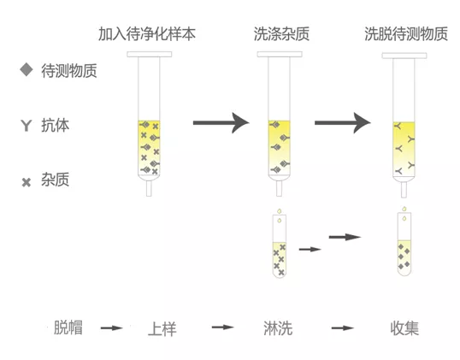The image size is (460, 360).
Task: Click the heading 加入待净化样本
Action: tap(148, 35)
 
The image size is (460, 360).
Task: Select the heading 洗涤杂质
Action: tap(281, 35)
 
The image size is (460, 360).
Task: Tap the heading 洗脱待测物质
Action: tap(405, 35)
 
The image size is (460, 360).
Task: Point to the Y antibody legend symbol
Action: tap(25, 126)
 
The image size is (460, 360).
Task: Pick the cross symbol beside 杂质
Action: tap(26, 181)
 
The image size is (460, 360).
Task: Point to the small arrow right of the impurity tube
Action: tap(310, 249)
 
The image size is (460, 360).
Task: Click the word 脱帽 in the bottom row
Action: tap(68, 327)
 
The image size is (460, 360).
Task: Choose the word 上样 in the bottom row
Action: tap(162, 328)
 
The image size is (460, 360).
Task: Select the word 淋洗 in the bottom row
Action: tap(278, 328)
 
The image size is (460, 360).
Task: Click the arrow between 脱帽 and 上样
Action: tap(112, 328)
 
